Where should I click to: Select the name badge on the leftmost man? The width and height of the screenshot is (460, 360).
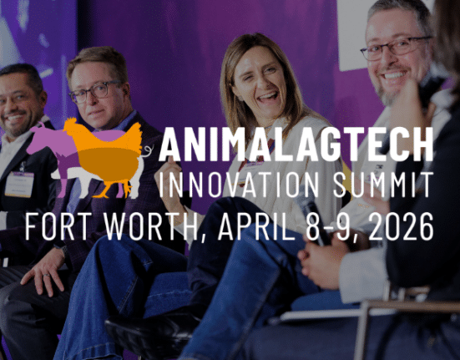(18, 183)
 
